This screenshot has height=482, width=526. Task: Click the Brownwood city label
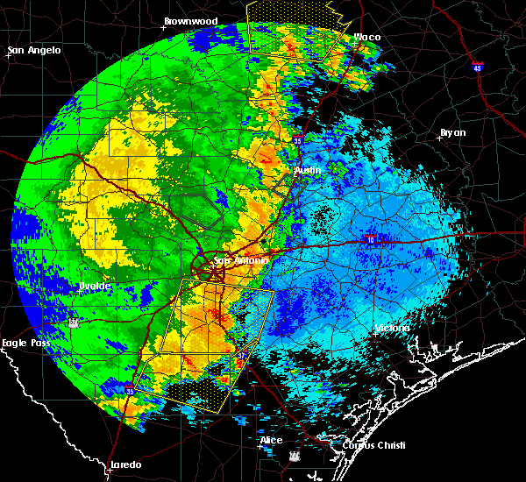click(x=190, y=20)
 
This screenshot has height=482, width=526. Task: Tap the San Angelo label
click(x=34, y=50)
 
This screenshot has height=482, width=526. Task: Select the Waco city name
click(x=366, y=37)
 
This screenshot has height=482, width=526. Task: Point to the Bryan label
click(x=453, y=132)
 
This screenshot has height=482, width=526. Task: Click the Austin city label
click(x=308, y=169)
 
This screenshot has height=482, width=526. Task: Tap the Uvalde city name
click(x=94, y=286)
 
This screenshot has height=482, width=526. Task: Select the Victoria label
click(x=392, y=328)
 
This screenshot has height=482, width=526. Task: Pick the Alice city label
click(x=271, y=439)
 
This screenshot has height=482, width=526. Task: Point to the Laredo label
click(x=124, y=464)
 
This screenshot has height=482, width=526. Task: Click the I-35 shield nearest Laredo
click(x=129, y=391)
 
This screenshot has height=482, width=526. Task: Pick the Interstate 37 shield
click(x=293, y=457)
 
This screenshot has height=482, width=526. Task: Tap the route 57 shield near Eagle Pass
click(x=73, y=323)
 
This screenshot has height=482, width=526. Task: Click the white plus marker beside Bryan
click(x=438, y=138)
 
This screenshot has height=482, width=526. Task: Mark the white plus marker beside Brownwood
click(x=162, y=26)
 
